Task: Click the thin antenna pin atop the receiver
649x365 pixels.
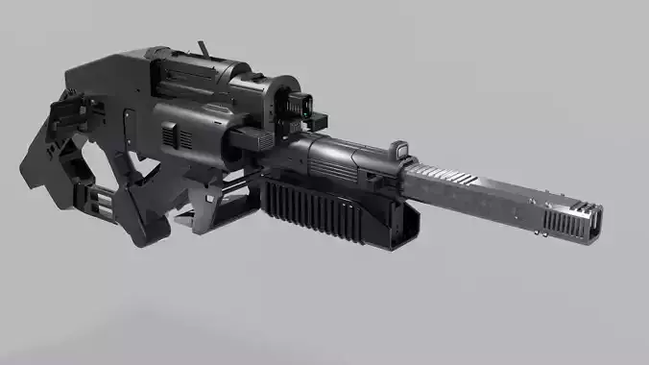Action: pos(202,47)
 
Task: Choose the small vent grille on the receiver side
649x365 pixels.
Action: pos(172,138)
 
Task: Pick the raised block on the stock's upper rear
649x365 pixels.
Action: pos(82,77)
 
